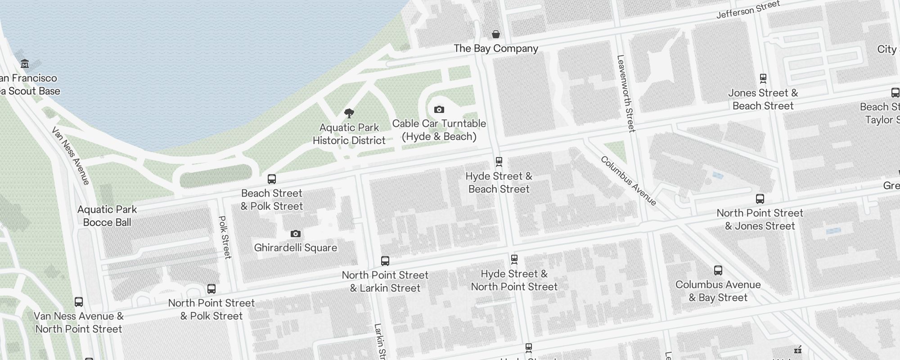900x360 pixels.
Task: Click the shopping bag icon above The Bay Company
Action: coord(495,34)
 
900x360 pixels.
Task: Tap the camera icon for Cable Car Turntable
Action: coord(439,109)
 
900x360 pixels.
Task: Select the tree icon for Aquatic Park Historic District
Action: coord(349,113)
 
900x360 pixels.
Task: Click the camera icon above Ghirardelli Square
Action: coord(295,234)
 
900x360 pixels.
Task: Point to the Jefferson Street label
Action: coord(748,10)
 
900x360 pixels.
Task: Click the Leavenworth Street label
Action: coord(626,94)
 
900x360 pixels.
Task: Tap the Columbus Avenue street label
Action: coord(629,181)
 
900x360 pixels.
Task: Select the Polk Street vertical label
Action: coord(225,237)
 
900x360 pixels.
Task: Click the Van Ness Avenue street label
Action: coord(71,156)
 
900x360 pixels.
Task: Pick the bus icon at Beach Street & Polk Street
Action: coord(271,179)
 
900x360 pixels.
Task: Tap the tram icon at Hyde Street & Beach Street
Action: coord(499,162)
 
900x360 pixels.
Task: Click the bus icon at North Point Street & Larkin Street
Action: coord(385,261)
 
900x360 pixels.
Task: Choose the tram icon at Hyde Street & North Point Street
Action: coord(514,260)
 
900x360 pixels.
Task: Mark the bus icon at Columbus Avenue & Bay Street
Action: coord(718,270)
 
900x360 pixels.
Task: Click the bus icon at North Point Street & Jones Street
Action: coord(760,199)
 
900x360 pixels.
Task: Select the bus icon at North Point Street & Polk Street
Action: coord(211,289)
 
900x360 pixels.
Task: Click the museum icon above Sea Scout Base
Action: coord(25,64)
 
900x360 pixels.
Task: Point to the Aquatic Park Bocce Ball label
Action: coord(107,216)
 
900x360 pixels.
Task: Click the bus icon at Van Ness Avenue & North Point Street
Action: coord(78,302)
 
